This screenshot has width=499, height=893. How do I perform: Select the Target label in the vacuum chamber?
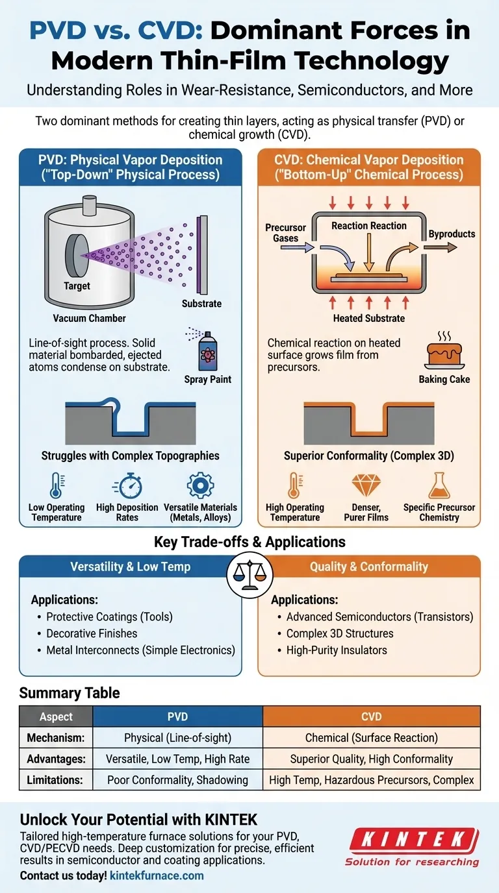point(77,286)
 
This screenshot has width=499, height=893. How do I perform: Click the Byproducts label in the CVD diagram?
point(452,234)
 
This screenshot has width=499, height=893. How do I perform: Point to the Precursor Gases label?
point(285,233)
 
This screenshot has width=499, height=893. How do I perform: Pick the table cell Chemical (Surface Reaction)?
point(372,738)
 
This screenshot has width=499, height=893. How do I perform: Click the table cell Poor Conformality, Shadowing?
point(177,779)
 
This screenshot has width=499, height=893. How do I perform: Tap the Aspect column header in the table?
point(57,717)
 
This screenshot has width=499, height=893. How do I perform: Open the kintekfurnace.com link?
point(157,875)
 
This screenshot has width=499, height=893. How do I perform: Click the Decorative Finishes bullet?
point(92,633)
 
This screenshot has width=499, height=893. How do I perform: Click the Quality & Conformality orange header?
point(368,567)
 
